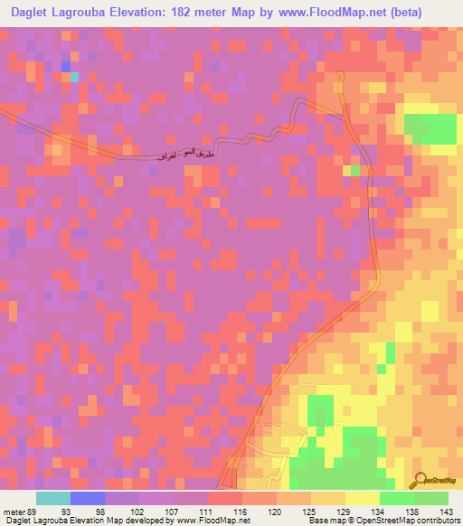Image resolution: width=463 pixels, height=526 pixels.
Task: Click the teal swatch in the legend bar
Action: pos(53,498)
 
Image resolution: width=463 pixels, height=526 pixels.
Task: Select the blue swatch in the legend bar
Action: pos(88,498)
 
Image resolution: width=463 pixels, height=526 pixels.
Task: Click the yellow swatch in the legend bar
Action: pos(363,498)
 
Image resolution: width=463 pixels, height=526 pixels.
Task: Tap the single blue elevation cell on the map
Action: pos(65,66)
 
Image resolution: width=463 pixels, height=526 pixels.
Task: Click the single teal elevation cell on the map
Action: pos(74,77)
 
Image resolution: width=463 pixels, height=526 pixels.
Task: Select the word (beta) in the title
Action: pos(428,13)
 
